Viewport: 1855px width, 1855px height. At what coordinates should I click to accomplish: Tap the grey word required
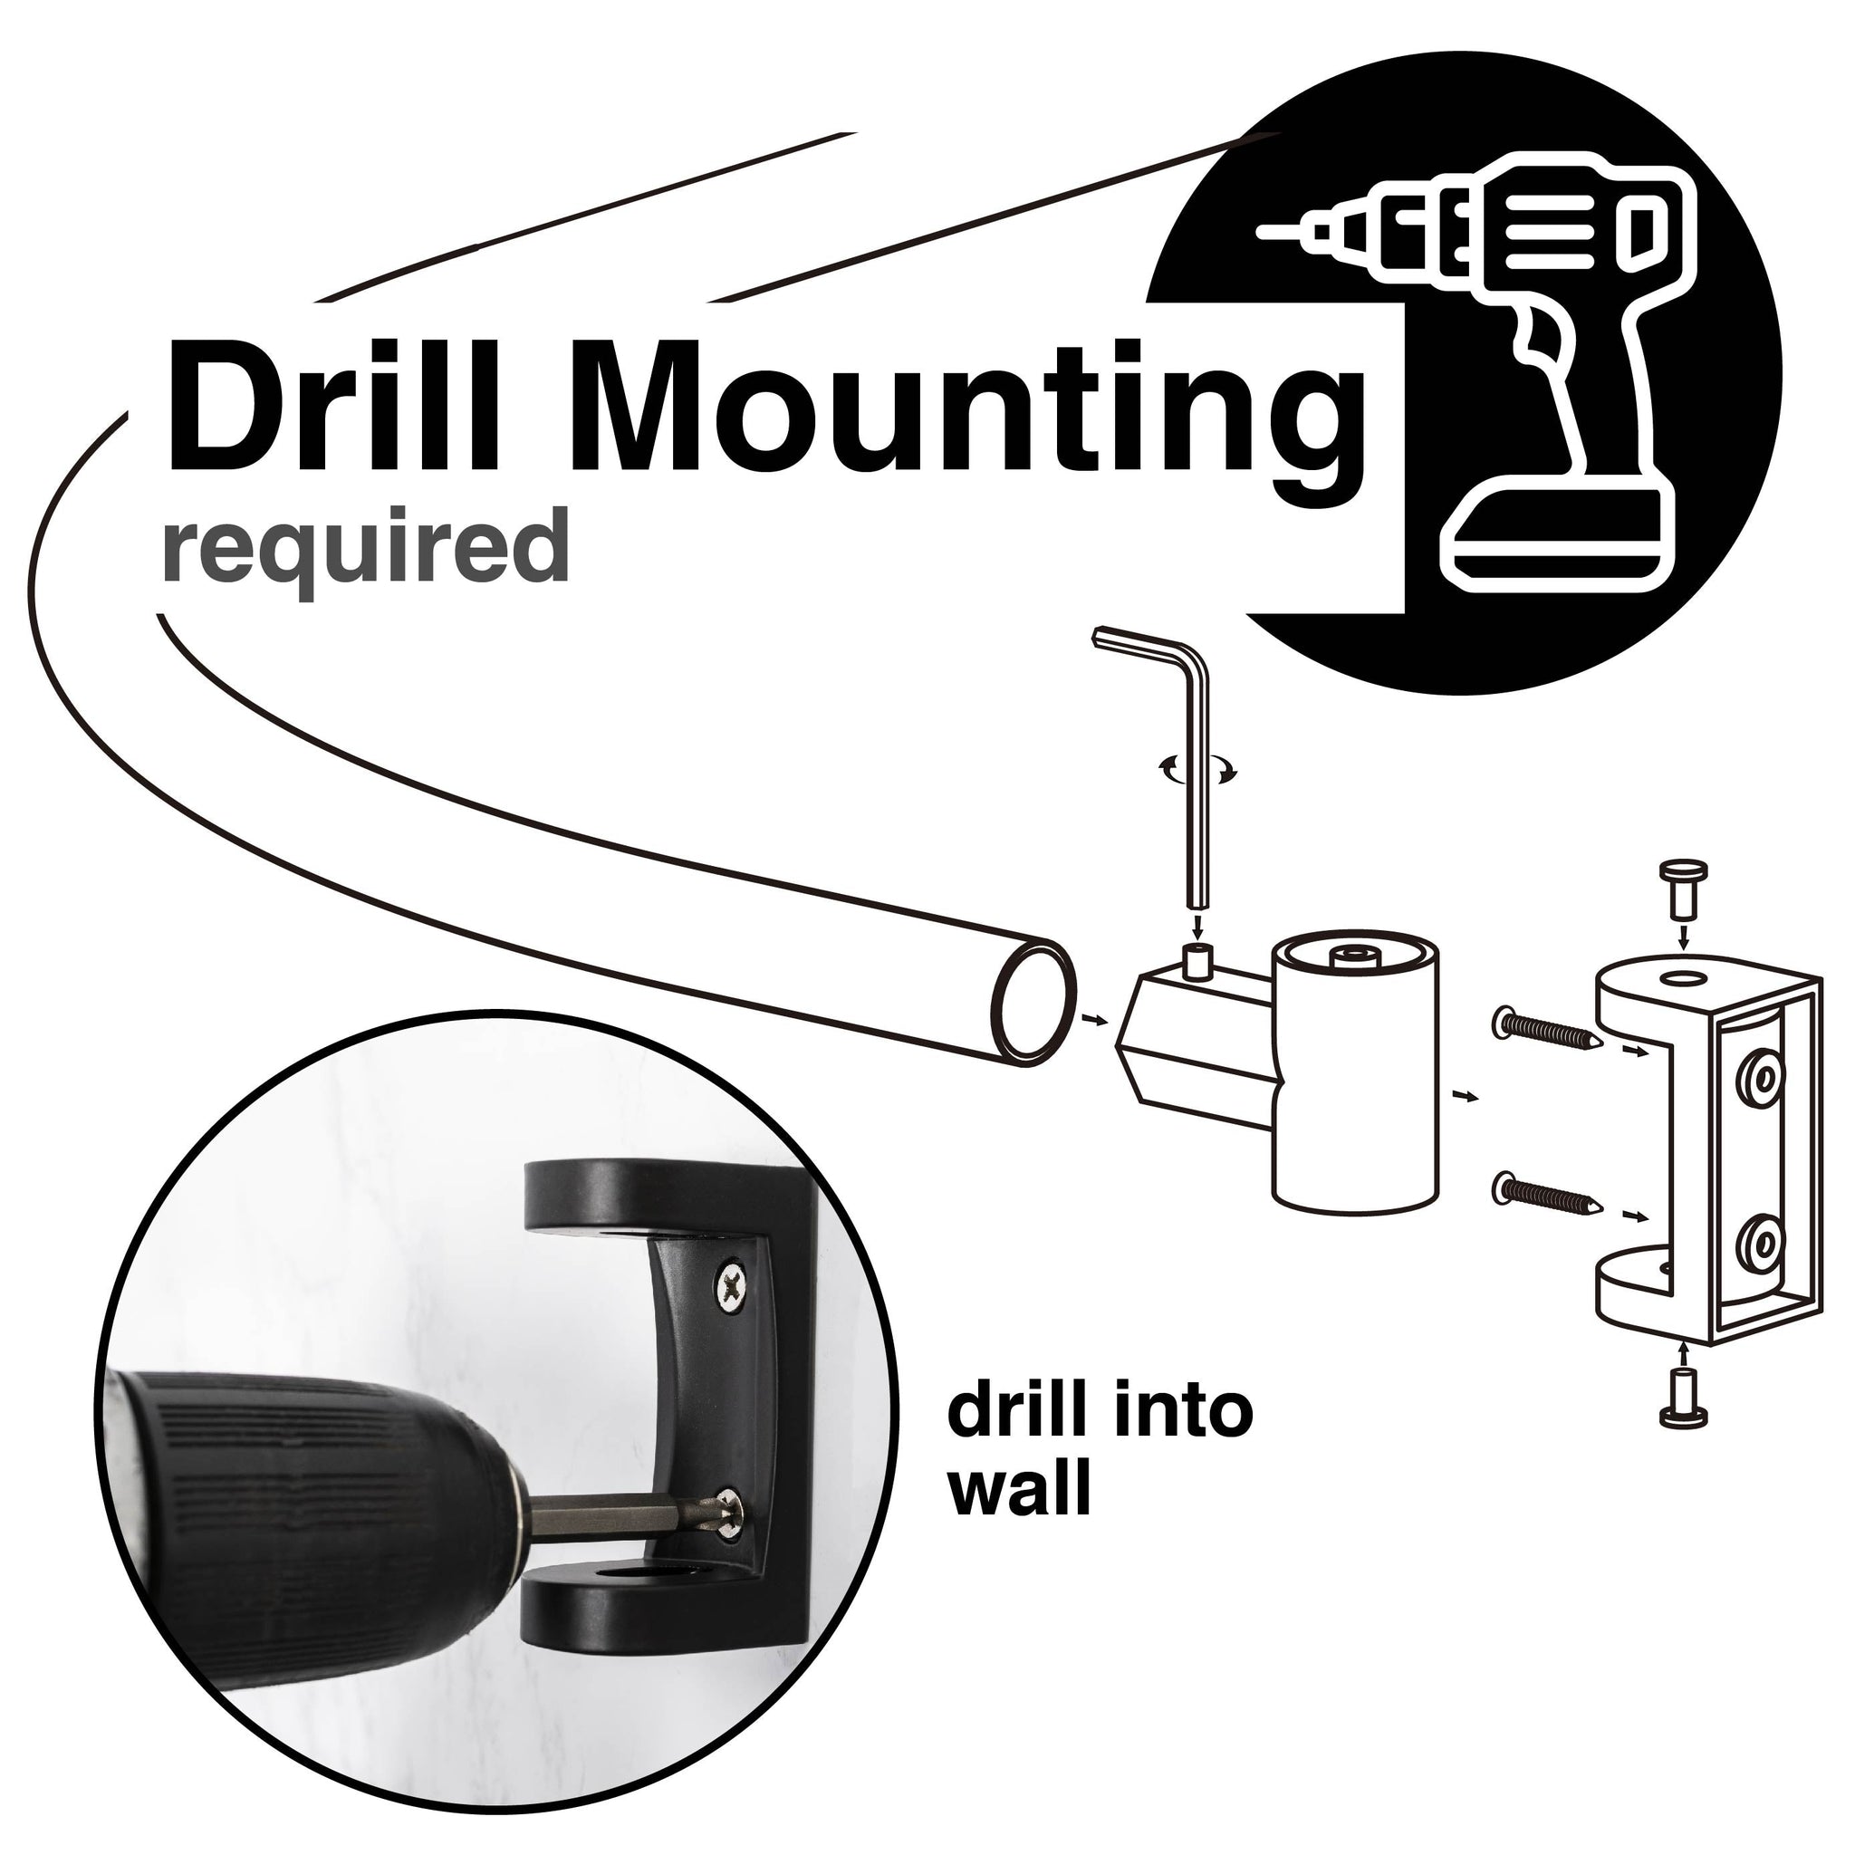point(366,545)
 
